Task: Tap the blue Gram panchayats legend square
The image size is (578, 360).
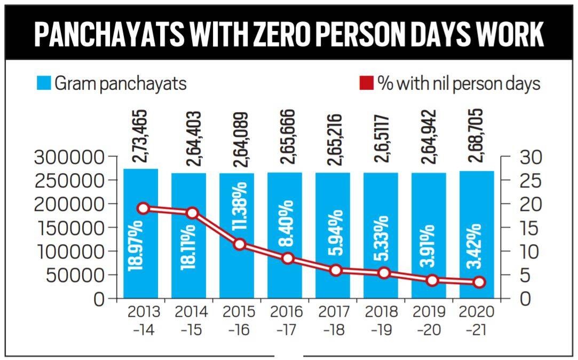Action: tap(44, 83)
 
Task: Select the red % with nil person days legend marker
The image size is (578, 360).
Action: tap(366, 83)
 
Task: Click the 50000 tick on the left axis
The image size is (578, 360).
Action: tap(74, 276)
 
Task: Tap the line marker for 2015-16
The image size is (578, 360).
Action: tap(240, 244)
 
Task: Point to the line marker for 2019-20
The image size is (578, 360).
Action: tap(432, 280)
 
